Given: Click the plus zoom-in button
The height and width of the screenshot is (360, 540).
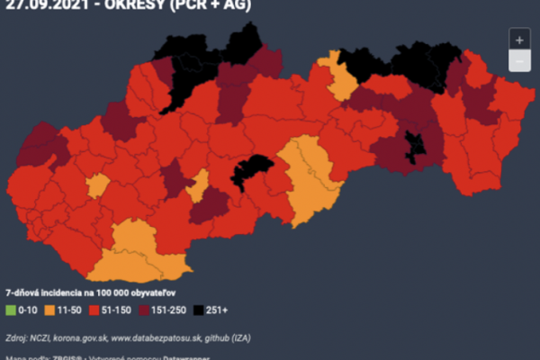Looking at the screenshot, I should tap(518, 40).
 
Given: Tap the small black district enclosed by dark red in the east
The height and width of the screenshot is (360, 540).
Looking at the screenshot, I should tap(417, 146).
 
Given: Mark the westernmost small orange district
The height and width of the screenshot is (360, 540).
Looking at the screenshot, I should tap(98, 186).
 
